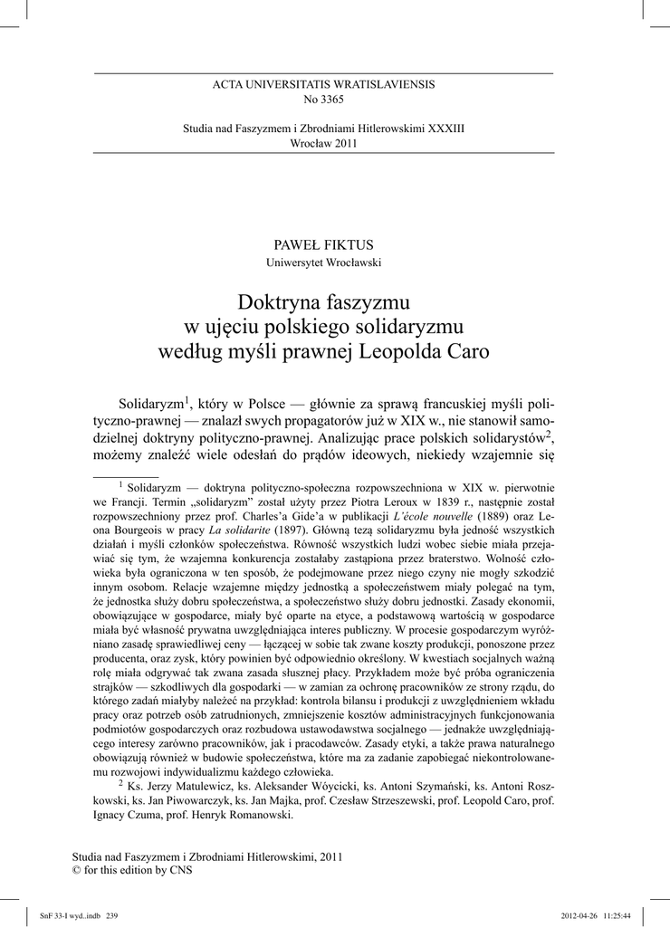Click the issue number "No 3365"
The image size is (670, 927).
(x=323, y=99)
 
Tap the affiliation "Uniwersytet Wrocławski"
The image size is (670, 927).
(x=323, y=263)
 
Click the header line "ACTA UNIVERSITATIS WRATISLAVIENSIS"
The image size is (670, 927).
(x=323, y=84)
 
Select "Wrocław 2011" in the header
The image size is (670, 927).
(x=323, y=144)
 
